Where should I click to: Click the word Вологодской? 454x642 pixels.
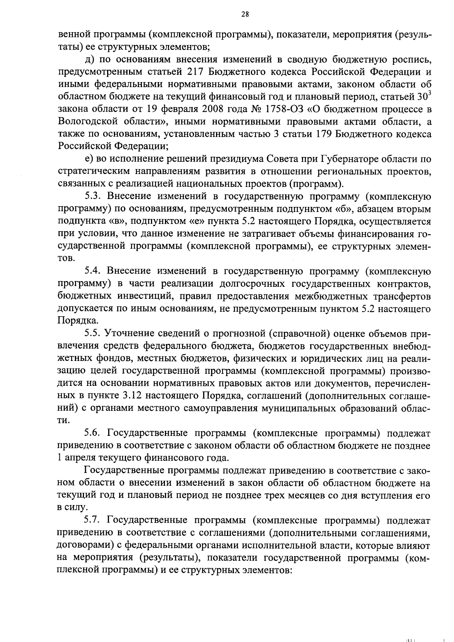point(89,122)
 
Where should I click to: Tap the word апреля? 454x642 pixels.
point(79,458)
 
